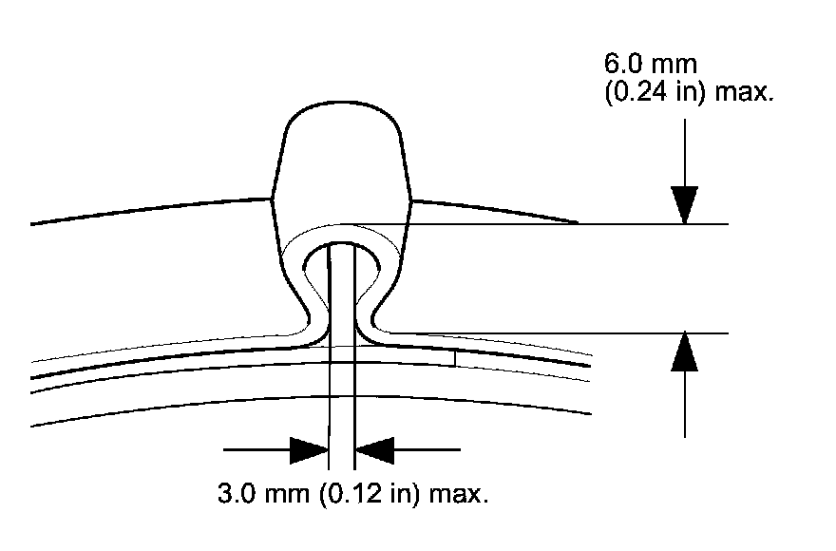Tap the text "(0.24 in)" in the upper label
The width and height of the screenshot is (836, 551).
coord(652,95)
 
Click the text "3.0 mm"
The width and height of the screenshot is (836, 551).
coord(254,495)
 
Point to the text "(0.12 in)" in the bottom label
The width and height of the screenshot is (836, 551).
coord(362,495)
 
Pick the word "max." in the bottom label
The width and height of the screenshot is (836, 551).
coord(460,495)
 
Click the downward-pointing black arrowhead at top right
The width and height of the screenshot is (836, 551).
coord(684,203)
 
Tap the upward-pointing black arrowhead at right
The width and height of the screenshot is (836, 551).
coord(684,353)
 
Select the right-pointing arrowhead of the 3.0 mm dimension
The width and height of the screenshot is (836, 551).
coord(310,449)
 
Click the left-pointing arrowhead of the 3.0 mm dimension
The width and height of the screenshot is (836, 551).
coord(373,449)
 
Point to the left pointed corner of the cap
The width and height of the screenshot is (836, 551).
coord(273,198)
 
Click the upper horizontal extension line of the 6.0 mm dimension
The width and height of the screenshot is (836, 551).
coord(570,224)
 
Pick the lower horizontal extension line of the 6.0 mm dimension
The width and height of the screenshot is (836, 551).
coord(570,333)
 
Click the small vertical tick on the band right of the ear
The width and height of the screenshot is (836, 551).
coord(455,357)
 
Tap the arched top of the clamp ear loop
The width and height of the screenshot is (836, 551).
coord(342,233)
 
